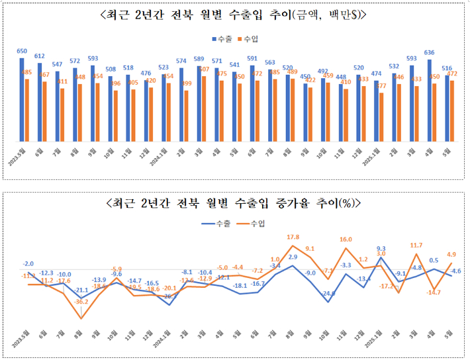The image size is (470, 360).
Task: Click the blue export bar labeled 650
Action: pyautogui.click(x=22, y=99)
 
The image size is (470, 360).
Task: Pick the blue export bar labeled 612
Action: pyautogui.click(x=40, y=102)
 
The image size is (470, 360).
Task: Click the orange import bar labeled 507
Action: pyautogui.click(x=204, y=109)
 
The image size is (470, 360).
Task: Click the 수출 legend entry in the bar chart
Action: pyautogui.click(x=221, y=39)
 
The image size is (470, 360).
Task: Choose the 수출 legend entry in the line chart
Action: pyautogui.click(x=216, y=224)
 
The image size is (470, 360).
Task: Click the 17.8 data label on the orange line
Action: pyautogui.click(x=293, y=237)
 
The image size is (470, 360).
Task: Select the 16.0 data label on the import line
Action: pyautogui.click(x=346, y=240)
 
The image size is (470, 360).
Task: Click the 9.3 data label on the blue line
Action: pyautogui.click(x=381, y=248)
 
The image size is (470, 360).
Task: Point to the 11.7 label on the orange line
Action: pyautogui.click(x=416, y=246)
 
